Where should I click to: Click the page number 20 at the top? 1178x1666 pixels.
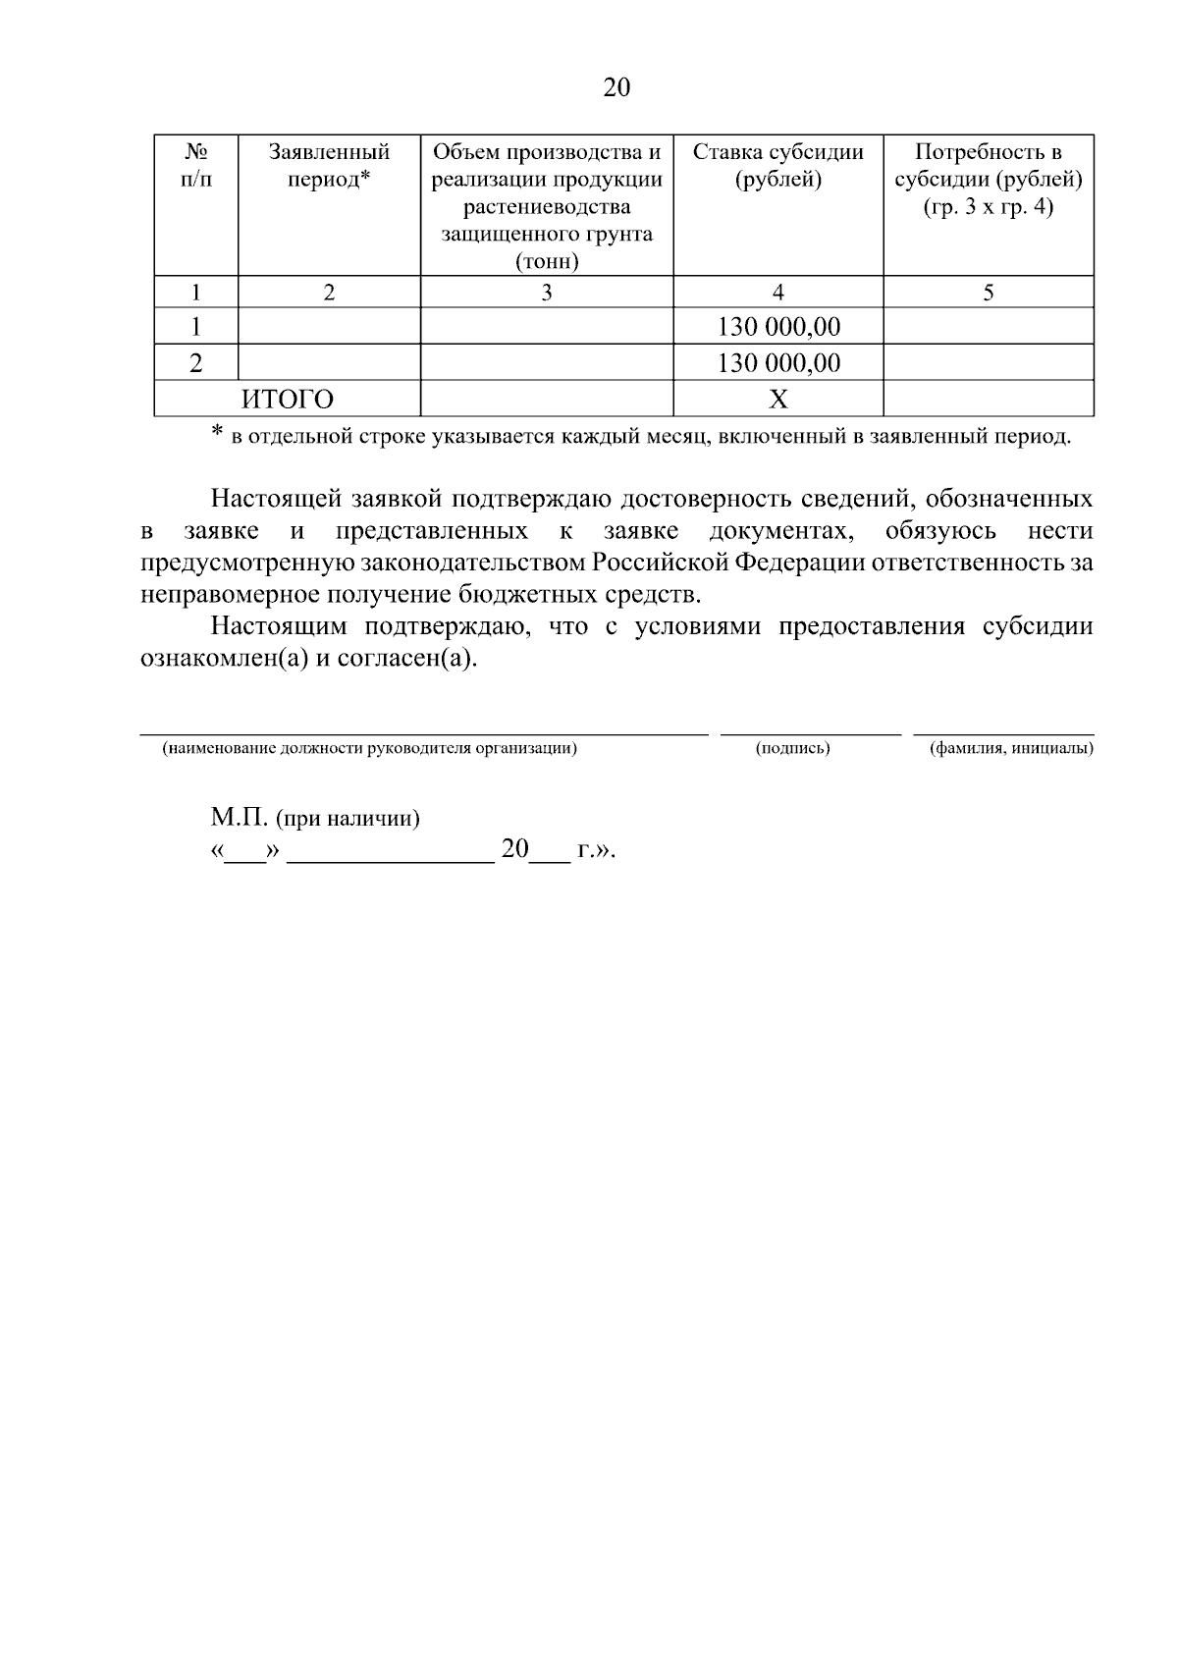pyautogui.click(x=616, y=88)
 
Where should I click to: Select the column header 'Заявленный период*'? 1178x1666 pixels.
pyautogui.click(x=329, y=166)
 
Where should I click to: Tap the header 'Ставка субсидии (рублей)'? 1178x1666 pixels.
pyautogui.click(x=777, y=166)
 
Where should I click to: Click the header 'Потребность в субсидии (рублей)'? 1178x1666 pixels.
pyautogui.click(x=988, y=180)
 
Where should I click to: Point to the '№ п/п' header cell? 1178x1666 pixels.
pyautogui.click(x=196, y=166)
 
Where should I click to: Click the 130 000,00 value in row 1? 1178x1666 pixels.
pyautogui.click(x=778, y=327)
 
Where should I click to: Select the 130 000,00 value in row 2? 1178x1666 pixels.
pyautogui.click(x=778, y=363)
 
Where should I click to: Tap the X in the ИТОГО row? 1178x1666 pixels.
pyautogui.click(x=777, y=400)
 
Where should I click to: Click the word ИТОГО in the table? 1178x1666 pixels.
pyautogui.click(x=288, y=400)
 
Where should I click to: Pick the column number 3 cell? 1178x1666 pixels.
pyautogui.click(x=547, y=293)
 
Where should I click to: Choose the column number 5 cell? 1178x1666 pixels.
pyautogui.click(x=989, y=293)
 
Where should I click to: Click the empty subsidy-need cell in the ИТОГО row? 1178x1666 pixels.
pyautogui.click(x=989, y=400)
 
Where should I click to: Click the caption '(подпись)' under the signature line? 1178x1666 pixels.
pyautogui.click(x=793, y=749)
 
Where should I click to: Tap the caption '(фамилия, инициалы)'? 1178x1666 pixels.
pyautogui.click(x=1011, y=749)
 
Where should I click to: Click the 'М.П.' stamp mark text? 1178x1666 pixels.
pyautogui.click(x=239, y=818)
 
